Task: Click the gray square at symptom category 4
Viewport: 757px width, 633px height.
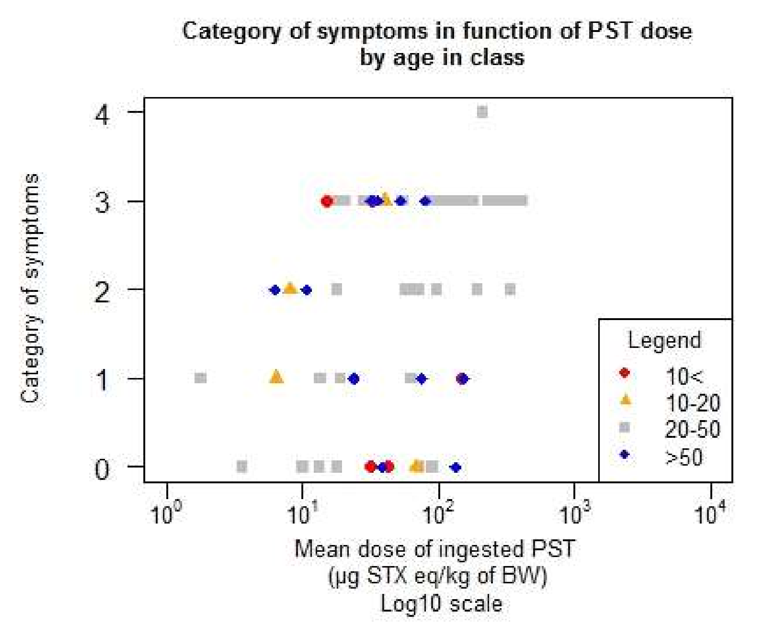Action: tap(482, 112)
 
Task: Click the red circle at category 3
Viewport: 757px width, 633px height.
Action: tap(327, 201)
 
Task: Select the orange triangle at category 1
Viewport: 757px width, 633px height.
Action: tap(277, 377)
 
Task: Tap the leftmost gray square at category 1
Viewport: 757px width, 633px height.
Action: tap(201, 378)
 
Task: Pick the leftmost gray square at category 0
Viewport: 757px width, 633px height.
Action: tap(242, 467)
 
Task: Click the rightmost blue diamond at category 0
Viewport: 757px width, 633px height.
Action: tap(456, 468)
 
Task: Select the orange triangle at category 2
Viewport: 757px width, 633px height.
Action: tap(290, 289)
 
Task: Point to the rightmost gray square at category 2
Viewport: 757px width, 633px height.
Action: tap(510, 289)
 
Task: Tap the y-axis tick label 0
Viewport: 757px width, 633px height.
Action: tap(102, 469)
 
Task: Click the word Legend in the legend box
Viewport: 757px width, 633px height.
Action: tap(664, 340)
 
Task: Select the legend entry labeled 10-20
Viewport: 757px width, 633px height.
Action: tap(692, 403)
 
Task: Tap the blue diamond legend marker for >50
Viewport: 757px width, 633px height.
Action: tap(625, 455)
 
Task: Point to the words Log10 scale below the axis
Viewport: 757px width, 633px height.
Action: tap(441, 604)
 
